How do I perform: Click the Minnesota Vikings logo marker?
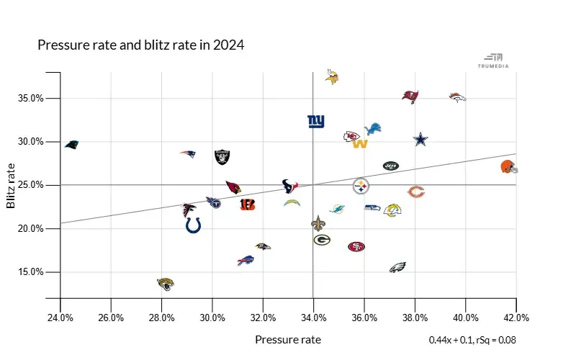pyautogui.click(x=332, y=77)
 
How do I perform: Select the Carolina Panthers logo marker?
pyautogui.click(x=71, y=145)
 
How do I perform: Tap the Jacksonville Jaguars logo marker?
pyautogui.click(x=165, y=284)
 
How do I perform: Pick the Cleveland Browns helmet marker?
pyautogui.click(x=508, y=167)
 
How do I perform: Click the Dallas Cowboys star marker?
pyautogui.click(x=420, y=140)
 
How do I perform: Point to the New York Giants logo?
pyautogui.click(x=315, y=122)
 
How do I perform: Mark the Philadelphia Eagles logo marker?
pyautogui.click(x=398, y=267)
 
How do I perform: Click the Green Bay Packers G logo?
pyautogui.click(x=322, y=240)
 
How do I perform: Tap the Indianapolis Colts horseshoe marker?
pyautogui.click(x=193, y=225)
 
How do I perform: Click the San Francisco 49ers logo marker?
pyautogui.click(x=356, y=247)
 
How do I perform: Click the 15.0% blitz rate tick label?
pyautogui.click(x=32, y=272)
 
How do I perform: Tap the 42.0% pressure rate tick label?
pyautogui.click(x=516, y=318)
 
